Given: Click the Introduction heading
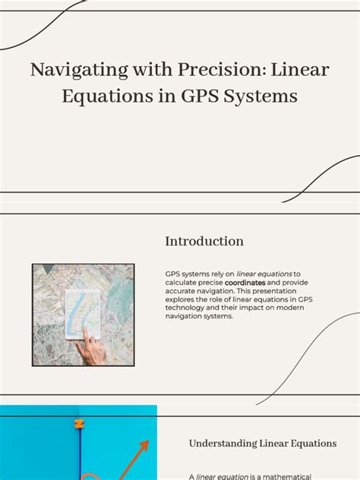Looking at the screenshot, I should [204, 242].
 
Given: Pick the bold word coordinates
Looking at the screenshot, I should [245, 283].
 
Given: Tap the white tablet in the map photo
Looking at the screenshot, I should [84, 313].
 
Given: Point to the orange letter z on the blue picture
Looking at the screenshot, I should [77, 424].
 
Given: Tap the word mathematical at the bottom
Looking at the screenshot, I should [291, 476].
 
